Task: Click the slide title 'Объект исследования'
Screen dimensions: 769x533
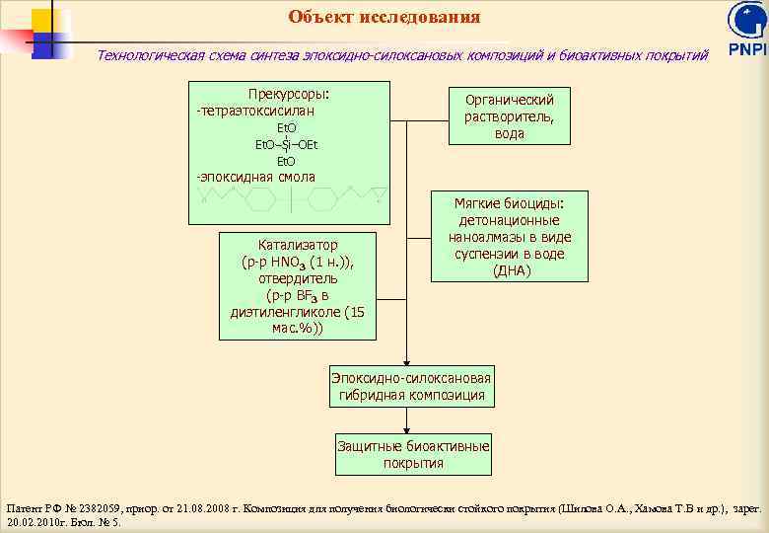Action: click(384, 17)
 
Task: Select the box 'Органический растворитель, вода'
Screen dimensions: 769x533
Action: click(509, 116)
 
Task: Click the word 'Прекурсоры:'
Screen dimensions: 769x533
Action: click(288, 95)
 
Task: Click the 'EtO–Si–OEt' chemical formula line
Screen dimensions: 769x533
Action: click(286, 145)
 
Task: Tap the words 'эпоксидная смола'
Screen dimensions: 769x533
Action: click(257, 178)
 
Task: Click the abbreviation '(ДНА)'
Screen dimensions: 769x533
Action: click(510, 270)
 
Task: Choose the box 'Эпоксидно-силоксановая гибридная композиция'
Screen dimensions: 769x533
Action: click(410, 387)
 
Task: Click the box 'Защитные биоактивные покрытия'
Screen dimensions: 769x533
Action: click(413, 455)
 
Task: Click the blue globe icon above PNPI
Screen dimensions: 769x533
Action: click(746, 21)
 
